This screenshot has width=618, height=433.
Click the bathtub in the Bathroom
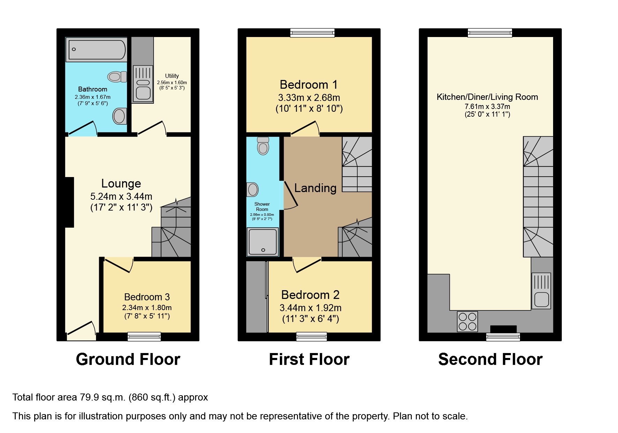click(x=97, y=50)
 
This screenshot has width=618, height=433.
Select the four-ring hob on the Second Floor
click(x=467, y=321)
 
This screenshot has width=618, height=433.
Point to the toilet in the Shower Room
click(x=263, y=146)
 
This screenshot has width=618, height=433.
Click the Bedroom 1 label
click(x=308, y=85)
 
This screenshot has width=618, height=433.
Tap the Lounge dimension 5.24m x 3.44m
click(x=121, y=196)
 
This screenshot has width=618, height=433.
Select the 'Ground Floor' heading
click(x=128, y=359)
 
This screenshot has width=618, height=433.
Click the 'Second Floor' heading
click(x=490, y=359)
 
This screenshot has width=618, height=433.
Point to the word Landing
click(x=315, y=188)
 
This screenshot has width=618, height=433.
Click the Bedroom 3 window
click(x=144, y=336)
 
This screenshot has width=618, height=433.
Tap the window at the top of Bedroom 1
click(x=312, y=33)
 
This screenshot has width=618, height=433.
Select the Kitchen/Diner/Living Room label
click(x=487, y=97)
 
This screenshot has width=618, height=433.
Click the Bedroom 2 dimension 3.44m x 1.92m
click(x=310, y=308)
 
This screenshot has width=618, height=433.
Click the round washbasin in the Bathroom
click(x=119, y=116)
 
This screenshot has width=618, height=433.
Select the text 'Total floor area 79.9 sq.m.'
click(x=69, y=397)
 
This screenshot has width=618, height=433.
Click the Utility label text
click(x=172, y=76)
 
